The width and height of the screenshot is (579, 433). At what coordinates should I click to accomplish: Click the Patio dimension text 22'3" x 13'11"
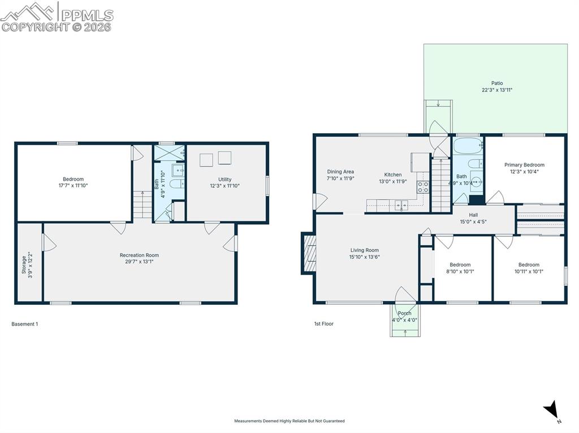click(496, 90)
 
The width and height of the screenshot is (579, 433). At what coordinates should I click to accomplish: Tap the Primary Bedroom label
click(524, 165)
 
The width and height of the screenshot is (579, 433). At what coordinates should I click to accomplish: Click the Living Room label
click(364, 250)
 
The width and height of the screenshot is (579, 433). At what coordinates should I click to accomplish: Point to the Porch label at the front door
click(404, 313)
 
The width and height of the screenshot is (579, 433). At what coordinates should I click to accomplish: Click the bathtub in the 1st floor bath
click(468, 146)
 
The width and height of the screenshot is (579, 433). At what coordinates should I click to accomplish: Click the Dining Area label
click(340, 172)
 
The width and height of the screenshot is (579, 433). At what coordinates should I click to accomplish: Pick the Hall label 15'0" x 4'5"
click(473, 215)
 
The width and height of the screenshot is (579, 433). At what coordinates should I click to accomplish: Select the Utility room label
click(224, 180)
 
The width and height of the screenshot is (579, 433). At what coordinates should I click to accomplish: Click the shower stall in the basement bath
click(169, 152)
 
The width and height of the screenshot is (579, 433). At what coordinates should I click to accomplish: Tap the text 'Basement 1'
click(24, 324)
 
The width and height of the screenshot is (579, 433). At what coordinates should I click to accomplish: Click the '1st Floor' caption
click(323, 323)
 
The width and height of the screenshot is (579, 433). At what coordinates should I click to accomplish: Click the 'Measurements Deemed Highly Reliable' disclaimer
click(289, 421)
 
